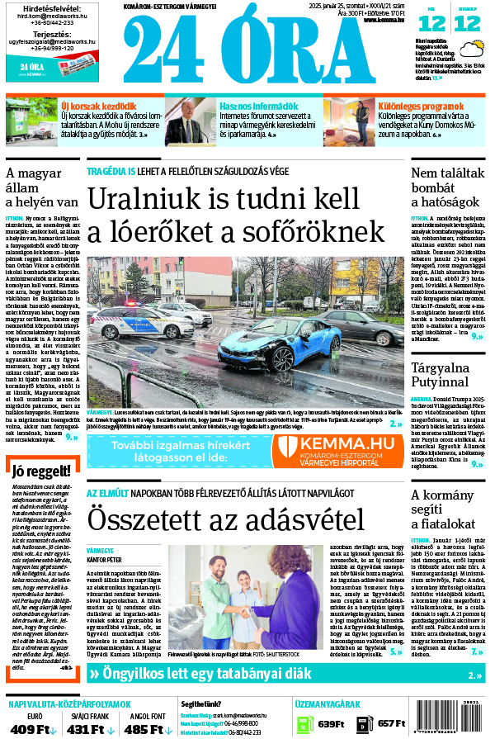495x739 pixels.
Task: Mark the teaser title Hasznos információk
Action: point(258,107)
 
